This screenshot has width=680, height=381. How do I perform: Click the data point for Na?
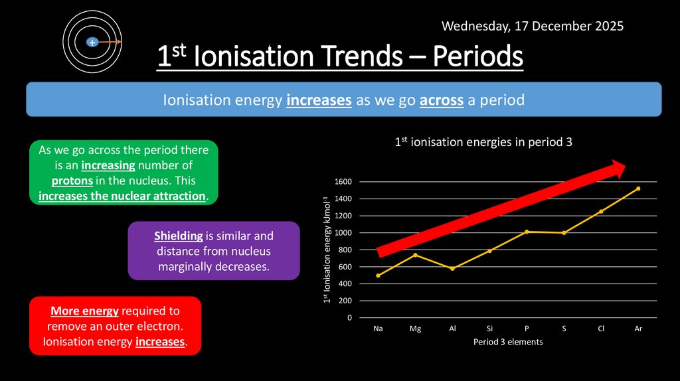379,275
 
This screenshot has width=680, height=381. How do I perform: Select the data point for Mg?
415,255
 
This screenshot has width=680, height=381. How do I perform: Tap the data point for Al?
452,269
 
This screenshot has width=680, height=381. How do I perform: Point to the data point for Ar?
638,189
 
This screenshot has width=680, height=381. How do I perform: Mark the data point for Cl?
601,212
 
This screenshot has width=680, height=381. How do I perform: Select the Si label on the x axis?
489,329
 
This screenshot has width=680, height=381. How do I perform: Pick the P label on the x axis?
527,329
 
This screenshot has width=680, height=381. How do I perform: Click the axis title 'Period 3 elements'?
508,343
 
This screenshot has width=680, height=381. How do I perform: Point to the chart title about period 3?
483,142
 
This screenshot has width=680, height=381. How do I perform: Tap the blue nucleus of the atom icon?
92,42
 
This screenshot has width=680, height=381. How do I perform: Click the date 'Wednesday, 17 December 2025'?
533,27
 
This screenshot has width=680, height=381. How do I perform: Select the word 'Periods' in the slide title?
478,58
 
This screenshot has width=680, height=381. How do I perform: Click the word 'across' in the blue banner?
440,100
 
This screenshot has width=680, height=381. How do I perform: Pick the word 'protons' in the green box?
72,181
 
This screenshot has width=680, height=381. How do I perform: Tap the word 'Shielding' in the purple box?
179,236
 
